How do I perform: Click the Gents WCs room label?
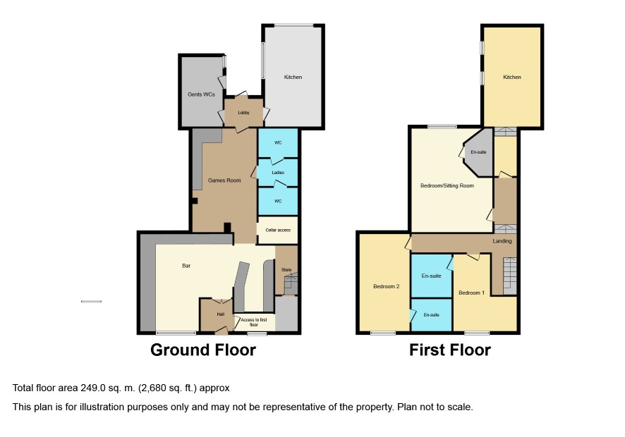pos(201,94)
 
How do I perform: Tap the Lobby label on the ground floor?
pos(243,113)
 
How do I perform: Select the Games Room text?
pos(224,180)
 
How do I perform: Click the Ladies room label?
pos(278,173)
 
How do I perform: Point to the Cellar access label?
pos(278,230)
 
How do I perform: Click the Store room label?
pos(286,270)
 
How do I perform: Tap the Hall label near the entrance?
pos(220,314)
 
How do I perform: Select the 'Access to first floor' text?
pos(254,322)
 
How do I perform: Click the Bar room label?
pos(186,266)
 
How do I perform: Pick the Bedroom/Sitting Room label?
pos(447,185)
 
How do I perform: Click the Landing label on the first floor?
pos(502,241)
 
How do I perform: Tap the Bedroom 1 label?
pos(471,293)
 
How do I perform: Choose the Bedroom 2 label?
pos(387,286)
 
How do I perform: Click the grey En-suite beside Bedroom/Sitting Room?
pos(478,152)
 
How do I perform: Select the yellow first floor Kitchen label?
pos(512,78)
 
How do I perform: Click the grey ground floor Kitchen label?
pos(293,78)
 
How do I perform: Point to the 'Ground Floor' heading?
pos(203,350)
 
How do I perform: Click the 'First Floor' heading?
pos(450,350)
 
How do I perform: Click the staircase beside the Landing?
pos(509,276)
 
